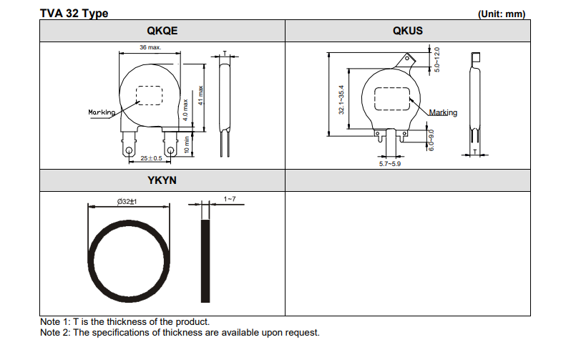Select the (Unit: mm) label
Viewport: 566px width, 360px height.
pos(501,14)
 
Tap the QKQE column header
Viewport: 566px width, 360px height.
pos(162,31)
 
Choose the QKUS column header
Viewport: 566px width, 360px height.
pos(407,31)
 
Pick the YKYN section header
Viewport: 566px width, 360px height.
pos(162,180)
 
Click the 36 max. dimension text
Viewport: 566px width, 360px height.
pos(150,47)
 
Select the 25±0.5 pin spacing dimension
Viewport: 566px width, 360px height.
pos(150,157)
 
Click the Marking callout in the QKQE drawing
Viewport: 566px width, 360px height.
pos(102,112)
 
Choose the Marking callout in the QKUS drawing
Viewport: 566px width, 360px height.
pos(443,113)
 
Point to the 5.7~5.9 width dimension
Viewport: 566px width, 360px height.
pos(389,164)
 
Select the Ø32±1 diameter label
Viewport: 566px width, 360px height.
pos(127,203)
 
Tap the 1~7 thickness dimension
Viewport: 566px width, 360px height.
pos(230,198)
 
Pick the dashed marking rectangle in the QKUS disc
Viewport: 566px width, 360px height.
pos(391,98)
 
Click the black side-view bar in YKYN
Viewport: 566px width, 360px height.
pos(207,261)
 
